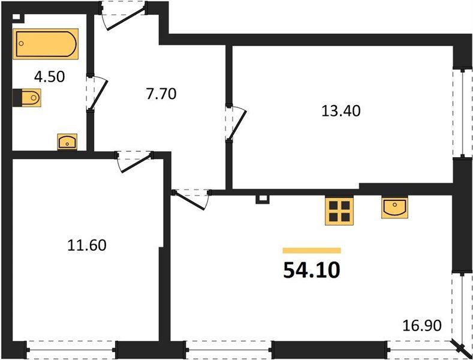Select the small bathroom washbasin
pyautogui.click(x=67, y=142)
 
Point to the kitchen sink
pyautogui.click(x=394, y=207)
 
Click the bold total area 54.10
pyautogui.click(x=311, y=270)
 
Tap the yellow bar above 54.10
pyautogui.click(x=311, y=250)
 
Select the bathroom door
pyautogui.click(x=95, y=94)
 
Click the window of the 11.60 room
pyautogui.click(x=71, y=347)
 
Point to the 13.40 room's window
pyautogui.click(x=462, y=113)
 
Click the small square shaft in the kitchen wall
pyautogui.click(x=260, y=199)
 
